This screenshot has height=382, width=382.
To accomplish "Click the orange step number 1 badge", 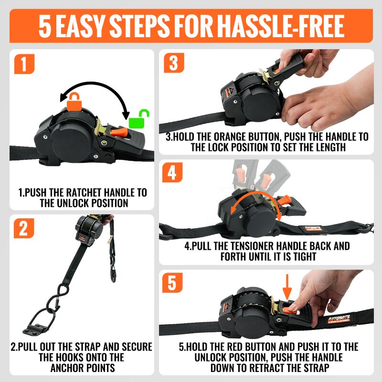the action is (24, 64).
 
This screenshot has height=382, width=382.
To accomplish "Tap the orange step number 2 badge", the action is (23, 228).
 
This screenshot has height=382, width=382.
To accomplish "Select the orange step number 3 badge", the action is (174, 63).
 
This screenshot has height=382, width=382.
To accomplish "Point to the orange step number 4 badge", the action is (172, 172).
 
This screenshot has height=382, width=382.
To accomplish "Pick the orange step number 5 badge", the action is (172, 283).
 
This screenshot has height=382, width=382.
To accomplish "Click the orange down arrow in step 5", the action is (287, 287).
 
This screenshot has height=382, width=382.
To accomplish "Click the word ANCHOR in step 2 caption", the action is (67, 368).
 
